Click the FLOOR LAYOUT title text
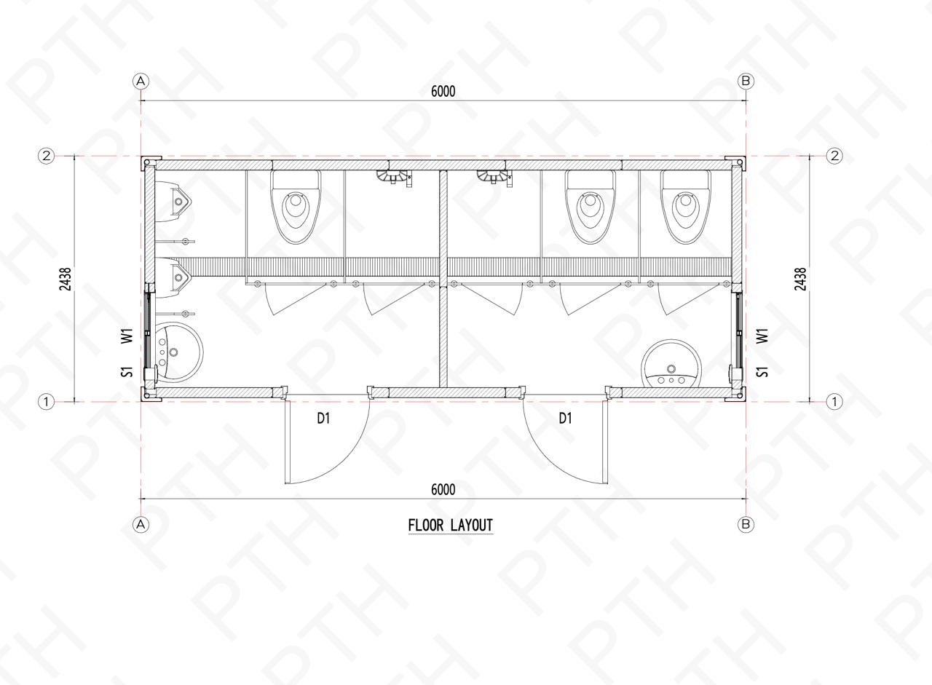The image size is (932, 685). [451, 526]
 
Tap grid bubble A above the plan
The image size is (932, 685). [141, 81]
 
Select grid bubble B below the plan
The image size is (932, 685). [746, 524]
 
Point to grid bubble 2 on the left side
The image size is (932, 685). [46, 156]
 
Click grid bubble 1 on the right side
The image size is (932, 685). [834, 402]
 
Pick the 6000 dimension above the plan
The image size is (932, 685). [443, 91]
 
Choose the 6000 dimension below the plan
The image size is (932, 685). [443, 489]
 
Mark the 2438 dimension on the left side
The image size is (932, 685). [66, 279]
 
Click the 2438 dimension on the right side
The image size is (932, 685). [800, 279]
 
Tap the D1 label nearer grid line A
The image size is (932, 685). [323, 419]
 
